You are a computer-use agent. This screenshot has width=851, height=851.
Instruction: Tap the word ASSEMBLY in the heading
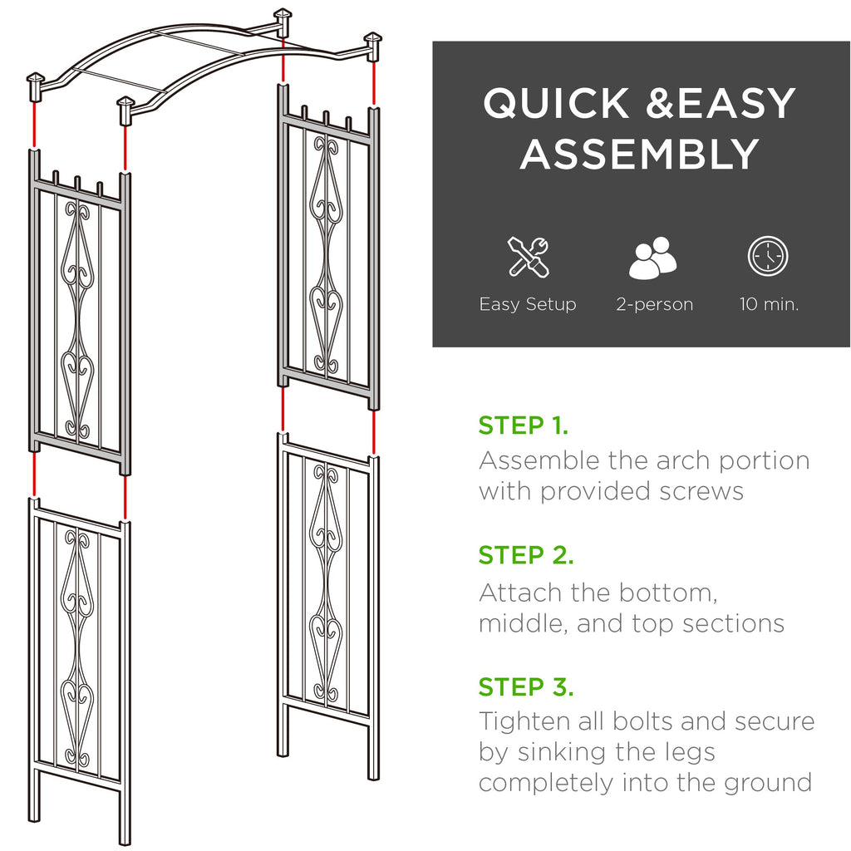point(640,155)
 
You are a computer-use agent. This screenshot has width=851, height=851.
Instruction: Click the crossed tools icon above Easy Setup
point(528,257)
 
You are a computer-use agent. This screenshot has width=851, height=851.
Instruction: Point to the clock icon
point(768,257)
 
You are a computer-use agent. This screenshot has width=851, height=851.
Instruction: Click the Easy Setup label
point(528,304)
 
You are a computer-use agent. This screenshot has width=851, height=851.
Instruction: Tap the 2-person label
point(654,304)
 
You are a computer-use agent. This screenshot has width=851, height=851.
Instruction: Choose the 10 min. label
point(769,304)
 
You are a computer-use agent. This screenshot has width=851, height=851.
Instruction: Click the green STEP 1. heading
point(524,425)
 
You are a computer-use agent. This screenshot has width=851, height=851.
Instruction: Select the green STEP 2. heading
point(526,555)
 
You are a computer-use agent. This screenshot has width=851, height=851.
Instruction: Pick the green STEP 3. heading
point(526,687)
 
